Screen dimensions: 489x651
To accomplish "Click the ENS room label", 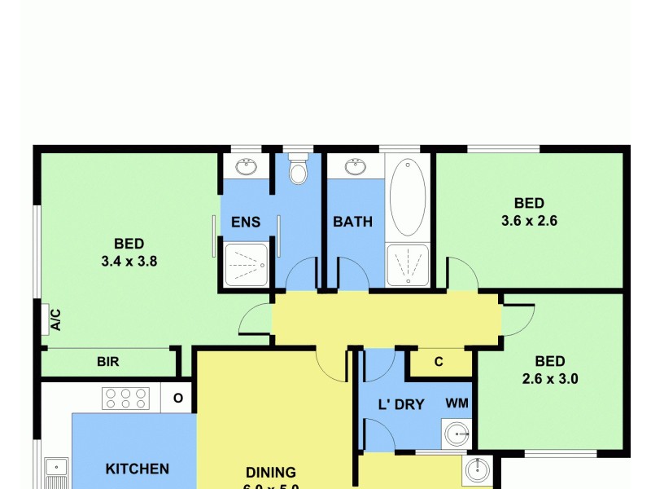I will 245,222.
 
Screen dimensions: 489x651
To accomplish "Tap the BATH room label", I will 352,222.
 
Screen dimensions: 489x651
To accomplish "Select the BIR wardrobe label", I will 108,361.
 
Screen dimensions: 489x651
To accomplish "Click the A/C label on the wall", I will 55,318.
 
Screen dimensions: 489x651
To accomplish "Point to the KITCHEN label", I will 138,469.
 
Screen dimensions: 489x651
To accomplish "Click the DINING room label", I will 272,472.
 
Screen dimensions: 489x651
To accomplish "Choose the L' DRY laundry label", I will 402,403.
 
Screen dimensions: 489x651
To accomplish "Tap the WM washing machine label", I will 457,403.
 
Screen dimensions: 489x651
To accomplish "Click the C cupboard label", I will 439,363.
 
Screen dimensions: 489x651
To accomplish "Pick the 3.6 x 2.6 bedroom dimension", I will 529,220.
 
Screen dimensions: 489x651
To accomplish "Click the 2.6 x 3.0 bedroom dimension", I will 550,378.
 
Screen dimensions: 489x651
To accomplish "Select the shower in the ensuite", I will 245,265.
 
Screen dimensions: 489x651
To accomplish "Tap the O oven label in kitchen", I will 178,399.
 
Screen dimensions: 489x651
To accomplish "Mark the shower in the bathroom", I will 408,264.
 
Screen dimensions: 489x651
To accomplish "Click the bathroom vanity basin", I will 355,168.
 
